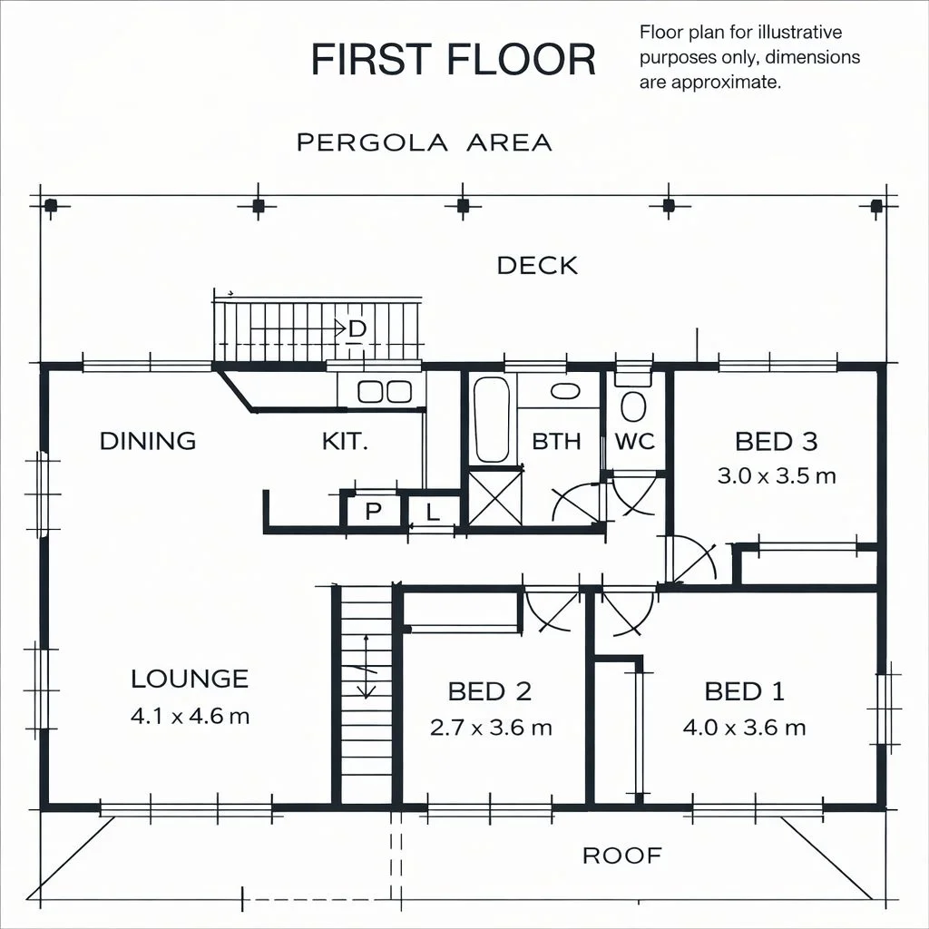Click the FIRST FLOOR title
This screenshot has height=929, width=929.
(x=454, y=59)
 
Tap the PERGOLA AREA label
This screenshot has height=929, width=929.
(x=425, y=142)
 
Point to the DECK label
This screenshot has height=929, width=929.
(x=537, y=266)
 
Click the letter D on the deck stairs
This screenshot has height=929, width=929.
(x=357, y=328)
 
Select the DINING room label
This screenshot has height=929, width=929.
(x=148, y=441)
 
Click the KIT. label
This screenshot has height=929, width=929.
(x=345, y=441)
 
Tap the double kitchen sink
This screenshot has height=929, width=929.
(x=385, y=391)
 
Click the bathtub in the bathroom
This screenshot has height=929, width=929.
(x=491, y=419)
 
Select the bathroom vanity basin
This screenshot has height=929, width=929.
(x=565, y=390)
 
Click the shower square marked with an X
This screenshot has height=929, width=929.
(x=495, y=497)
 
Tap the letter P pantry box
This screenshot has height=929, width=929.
(x=373, y=511)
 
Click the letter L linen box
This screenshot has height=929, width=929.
(x=433, y=511)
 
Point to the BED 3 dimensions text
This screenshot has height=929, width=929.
(x=777, y=475)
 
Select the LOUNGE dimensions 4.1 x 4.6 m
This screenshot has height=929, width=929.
(x=190, y=717)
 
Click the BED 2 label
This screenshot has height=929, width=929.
(x=490, y=691)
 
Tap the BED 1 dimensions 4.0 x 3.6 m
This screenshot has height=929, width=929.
(x=744, y=727)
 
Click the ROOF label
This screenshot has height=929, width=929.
(x=622, y=856)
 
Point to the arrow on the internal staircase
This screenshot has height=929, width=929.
(x=367, y=667)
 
